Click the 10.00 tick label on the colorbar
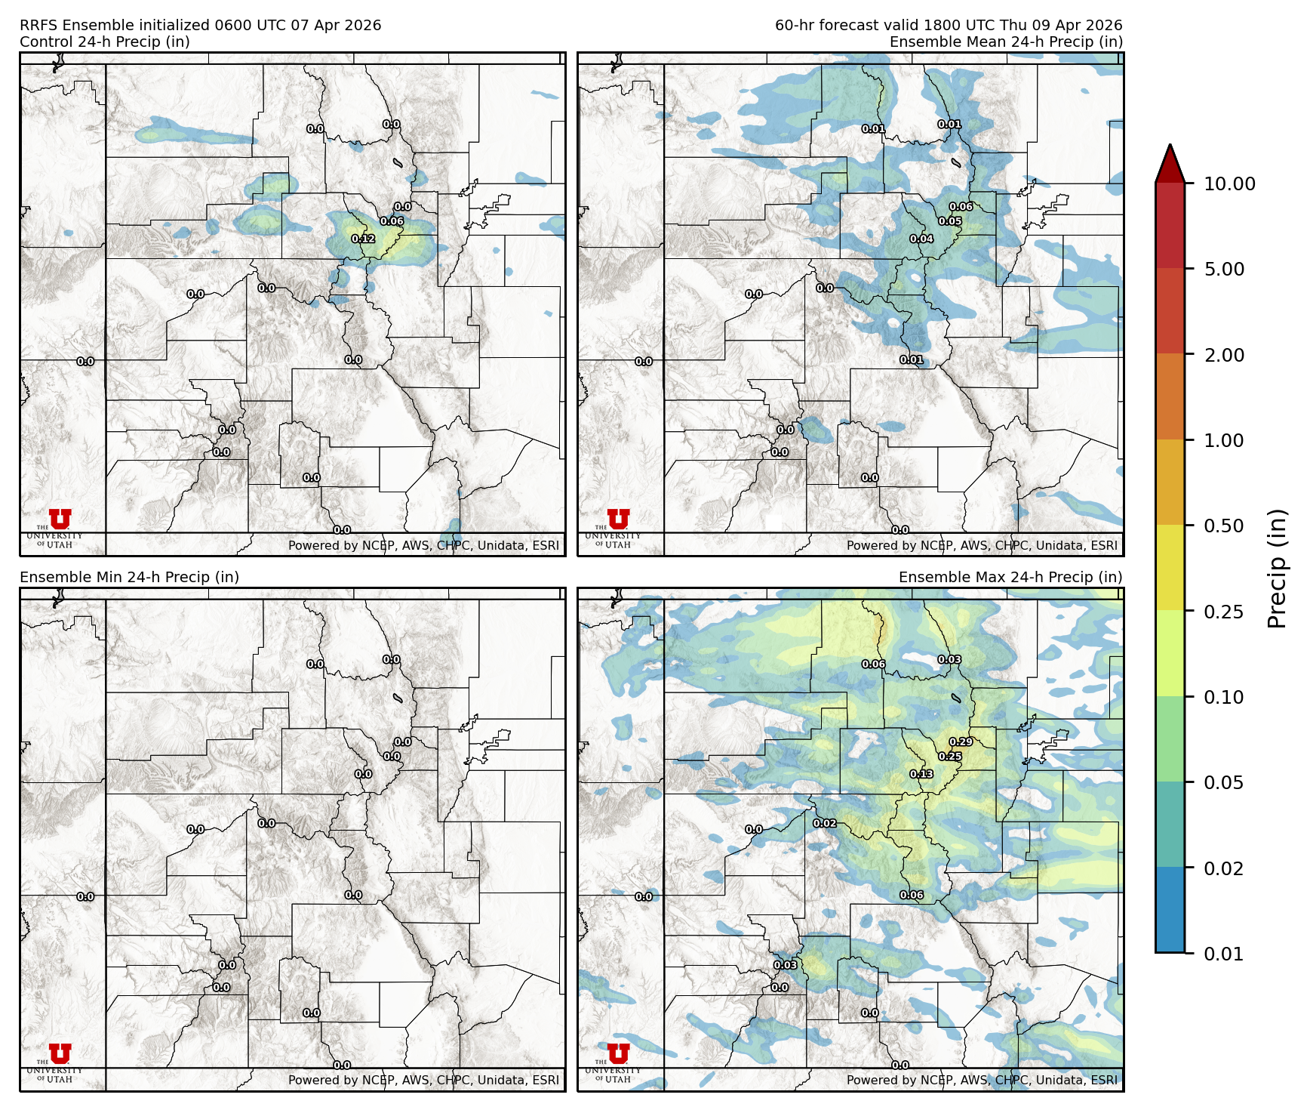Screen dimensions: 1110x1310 pos(1229,183)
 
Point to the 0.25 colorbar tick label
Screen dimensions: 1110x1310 pos(1223,612)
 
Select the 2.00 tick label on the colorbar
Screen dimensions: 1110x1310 pos(1223,355)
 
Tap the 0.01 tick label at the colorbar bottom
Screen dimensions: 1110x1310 pos(1223,954)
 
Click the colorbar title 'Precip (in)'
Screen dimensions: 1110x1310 pos(1277,569)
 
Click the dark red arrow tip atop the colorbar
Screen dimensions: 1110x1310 pos(1170,161)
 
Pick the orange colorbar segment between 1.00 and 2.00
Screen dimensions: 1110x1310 pos(1170,396)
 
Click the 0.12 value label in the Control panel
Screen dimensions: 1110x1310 pos(363,239)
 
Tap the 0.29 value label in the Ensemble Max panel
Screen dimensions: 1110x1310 pos(961,742)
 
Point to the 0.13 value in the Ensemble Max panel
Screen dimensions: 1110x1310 pos(921,774)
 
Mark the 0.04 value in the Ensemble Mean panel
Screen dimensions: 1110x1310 pos(921,239)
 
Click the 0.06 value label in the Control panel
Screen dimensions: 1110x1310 pos(392,221)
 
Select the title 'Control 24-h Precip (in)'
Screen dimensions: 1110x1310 pos(105,42)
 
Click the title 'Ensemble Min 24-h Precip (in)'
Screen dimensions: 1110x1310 pos(129,577)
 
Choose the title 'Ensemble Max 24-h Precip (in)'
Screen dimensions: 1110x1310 pos(1010,577)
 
